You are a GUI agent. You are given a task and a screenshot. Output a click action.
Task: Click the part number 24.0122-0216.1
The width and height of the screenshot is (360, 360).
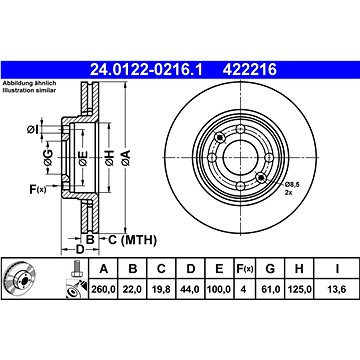tap(146, 70)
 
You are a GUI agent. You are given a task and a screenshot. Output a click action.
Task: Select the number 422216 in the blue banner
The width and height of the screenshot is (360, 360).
tap(250, 70)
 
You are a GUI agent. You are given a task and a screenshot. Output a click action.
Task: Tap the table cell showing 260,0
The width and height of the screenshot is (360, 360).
tap(103, 289)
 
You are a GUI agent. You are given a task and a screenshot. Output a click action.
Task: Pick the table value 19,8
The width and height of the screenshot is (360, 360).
tap(161, 289)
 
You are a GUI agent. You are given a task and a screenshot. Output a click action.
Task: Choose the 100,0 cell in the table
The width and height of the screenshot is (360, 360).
tap(219, 289)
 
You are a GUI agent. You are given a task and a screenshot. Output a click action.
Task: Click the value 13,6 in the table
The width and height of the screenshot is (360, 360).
tap(337, 289)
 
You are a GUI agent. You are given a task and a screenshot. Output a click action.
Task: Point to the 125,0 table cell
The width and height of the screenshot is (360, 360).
tap(299, 289)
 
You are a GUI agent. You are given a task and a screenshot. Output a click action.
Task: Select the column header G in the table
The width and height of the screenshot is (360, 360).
tap(270, 269)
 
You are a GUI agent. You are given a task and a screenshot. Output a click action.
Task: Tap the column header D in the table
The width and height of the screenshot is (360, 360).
tap(190, 269)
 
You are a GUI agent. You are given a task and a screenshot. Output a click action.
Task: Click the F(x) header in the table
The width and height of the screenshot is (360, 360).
tap(245, 269)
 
